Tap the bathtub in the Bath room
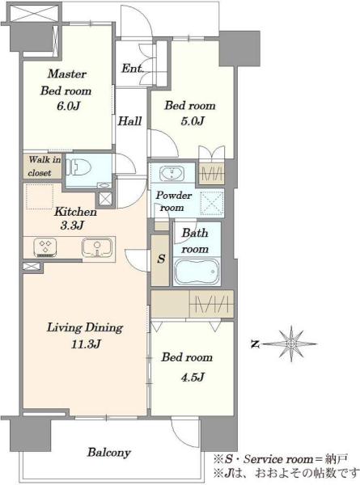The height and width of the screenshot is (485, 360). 197,272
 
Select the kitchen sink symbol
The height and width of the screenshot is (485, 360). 97,247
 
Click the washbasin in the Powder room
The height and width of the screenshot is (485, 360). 172,174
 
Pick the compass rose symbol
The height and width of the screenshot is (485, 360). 291,344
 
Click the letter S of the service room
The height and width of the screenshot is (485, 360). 161,259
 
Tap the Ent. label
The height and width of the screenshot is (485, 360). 132,69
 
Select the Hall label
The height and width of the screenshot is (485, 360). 129,120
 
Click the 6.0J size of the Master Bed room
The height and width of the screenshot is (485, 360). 69,106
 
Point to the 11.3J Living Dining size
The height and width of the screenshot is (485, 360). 86,344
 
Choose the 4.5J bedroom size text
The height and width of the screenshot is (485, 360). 193,377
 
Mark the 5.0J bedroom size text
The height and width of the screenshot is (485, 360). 193,121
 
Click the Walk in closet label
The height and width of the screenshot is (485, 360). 44,167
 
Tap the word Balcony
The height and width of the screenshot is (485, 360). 108,453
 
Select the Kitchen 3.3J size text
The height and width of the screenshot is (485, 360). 72,226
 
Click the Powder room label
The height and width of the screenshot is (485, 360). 173,201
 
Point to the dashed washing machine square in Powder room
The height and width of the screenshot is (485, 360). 212,203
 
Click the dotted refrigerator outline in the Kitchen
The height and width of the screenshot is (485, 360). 40,196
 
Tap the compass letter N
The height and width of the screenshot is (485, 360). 255,344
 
